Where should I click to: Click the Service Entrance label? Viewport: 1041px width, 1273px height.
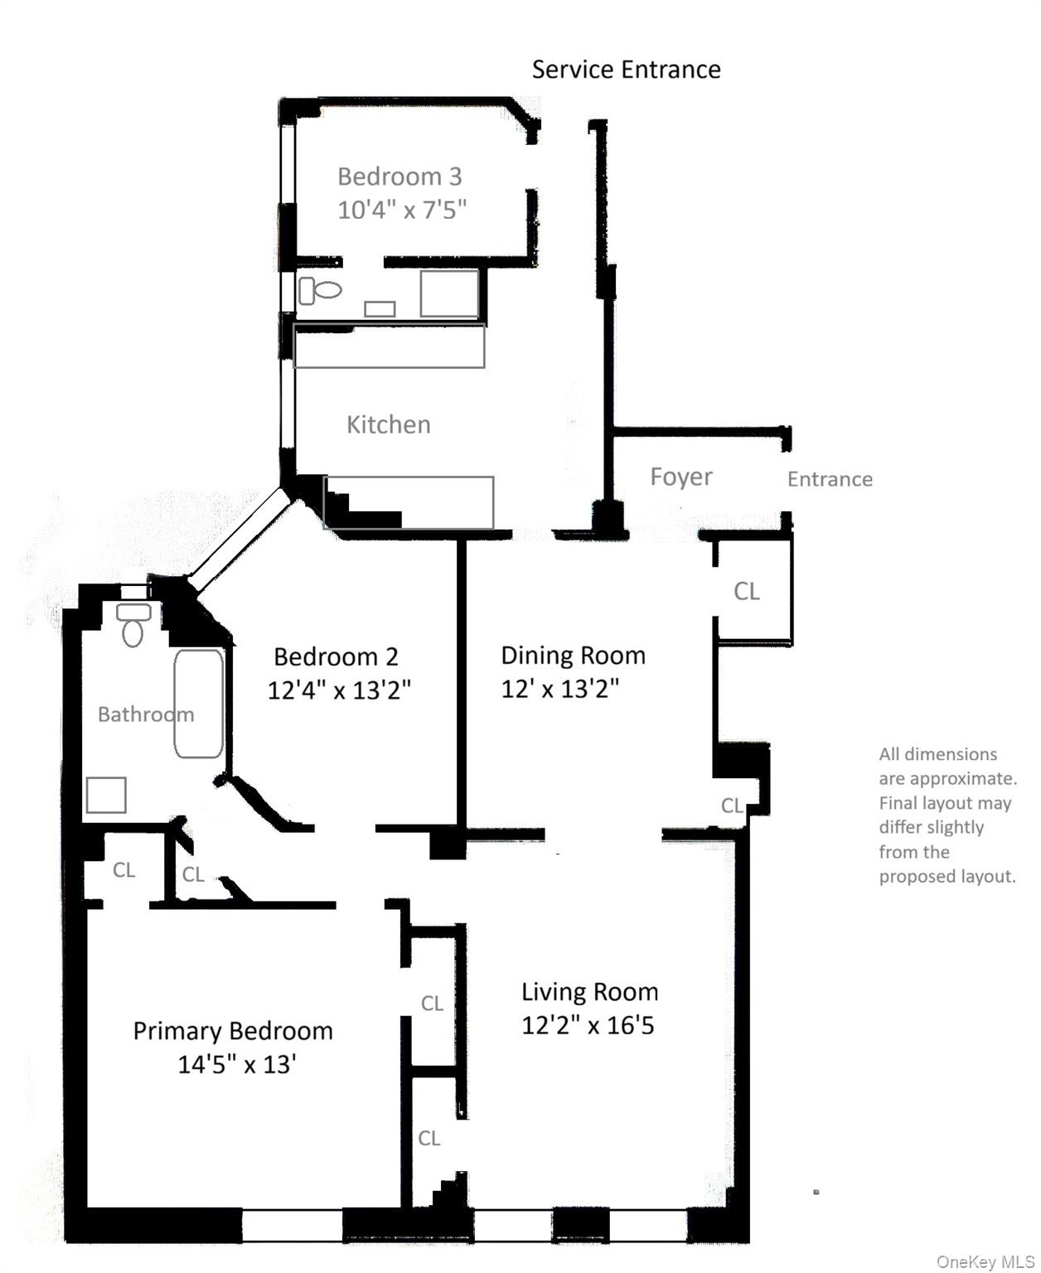(626, 70)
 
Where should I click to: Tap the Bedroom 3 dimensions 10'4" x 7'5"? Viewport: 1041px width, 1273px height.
(402, 210)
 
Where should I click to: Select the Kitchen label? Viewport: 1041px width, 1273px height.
(388, 425)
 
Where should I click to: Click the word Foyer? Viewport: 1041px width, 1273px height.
(680, 477)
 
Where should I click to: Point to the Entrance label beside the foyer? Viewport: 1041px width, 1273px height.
(830, 479)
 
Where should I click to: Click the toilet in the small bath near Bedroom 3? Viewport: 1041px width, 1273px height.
(321, 290)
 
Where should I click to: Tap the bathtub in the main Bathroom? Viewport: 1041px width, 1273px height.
(199, 704)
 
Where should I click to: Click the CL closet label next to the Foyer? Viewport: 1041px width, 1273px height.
(746, 591)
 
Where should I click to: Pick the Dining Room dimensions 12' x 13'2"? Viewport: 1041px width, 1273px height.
(560, 689)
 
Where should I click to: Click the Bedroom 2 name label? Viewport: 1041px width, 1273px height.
(336, 657)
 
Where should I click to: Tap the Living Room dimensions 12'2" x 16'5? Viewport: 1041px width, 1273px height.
(588, 1026)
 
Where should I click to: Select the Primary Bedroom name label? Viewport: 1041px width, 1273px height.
(233, 1031)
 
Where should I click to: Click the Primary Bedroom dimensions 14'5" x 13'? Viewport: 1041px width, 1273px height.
(237, 1064)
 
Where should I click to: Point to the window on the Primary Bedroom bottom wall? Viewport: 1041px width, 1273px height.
(292, 1225)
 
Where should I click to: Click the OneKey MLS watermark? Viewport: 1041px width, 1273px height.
(985, 1261)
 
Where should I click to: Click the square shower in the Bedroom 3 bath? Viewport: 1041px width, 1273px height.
(448, 293)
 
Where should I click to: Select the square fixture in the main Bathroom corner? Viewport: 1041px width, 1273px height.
(106, 795)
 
